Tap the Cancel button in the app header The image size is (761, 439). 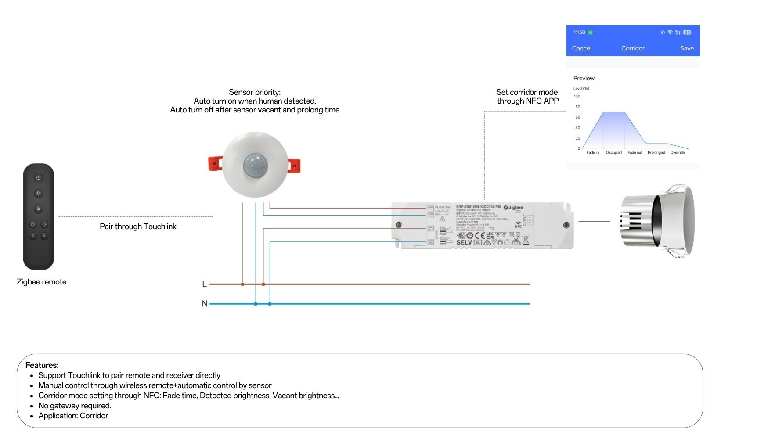pyautogui.click(x=581, y=48)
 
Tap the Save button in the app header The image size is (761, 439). pyautogui.click(x=687, y=48)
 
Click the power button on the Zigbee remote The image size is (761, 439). pyautogui.click(x=39, y=178)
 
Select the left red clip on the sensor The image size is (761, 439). pyautogui.click(x=215, y=163)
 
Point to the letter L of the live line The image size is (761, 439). pyautogui.click(x=204, y=284)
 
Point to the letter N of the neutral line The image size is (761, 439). pyautogui.click(x=204, y=303)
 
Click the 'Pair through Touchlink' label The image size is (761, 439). pyautogui.click(x=138, y=227)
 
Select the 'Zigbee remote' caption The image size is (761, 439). pyautogui.click(x=41, y=282)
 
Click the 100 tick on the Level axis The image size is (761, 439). pyautogui.click(x=577, y=96)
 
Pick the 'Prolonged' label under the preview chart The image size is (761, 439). pyautogui.click(x=656, y=153)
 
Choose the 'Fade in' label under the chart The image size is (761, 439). pyautogui.click(x=592, y=153)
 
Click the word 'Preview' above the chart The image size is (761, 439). pyautogui.click(x=584, y=78)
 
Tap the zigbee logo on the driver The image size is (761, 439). pyautogui.click(x=513, y=207)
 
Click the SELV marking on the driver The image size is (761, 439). pyautogui.click(x=464, y=242)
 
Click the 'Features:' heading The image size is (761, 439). pyautogui.click(x=42, y=365)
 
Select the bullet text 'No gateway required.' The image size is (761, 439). pyautogui.click(x=75, y=406)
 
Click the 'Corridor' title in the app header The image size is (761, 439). pyautogui.click(x=633, y=48)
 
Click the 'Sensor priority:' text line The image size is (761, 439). pyautogui.click(x=255, y=92)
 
